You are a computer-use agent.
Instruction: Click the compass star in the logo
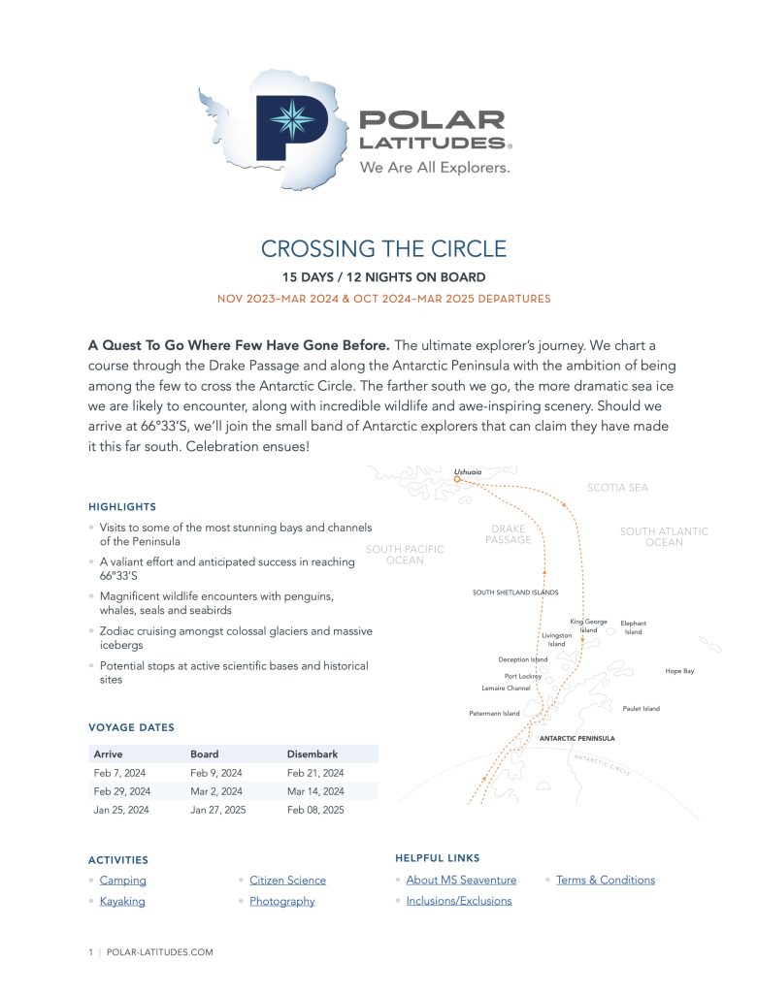pos(287,119)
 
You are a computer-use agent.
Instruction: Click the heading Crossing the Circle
pos(383,248)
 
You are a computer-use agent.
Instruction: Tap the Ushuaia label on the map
pos(468,471)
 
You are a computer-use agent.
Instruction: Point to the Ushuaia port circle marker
pos(457,479)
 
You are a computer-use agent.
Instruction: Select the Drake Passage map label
pos(509,534)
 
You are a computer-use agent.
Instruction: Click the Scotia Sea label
pos(617,488)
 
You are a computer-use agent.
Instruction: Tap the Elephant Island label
pos(633,627)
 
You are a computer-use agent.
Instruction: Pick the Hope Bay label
pos(679,671)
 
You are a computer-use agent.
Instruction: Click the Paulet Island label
pos(641,709)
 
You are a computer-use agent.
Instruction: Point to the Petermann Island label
pos(495,714)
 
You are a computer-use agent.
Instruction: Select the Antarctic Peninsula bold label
pos(576,738)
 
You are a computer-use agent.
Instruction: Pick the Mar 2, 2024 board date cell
pos(215,791)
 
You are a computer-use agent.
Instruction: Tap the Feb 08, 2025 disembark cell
pos(315,810)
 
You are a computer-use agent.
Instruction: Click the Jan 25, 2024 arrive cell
pos(121,810)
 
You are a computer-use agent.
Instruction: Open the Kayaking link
pos(122,901)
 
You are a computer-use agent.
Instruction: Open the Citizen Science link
pos(287,881)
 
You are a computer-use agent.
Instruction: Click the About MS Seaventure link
pos(461,880)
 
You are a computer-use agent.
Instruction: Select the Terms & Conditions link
pos(606,880)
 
